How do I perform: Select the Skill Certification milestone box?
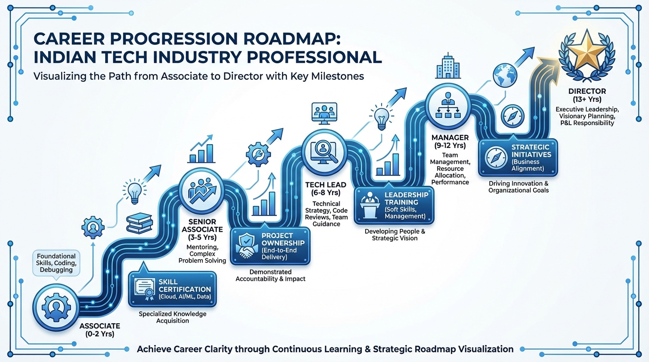point(172,288)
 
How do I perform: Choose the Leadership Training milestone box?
point(394,206)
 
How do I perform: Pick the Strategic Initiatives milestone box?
point(518,158)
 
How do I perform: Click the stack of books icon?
point(140,223)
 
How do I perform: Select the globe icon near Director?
point(505,74)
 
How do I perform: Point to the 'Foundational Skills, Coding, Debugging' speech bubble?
point(56,263)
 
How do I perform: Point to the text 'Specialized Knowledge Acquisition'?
point(172,317)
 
